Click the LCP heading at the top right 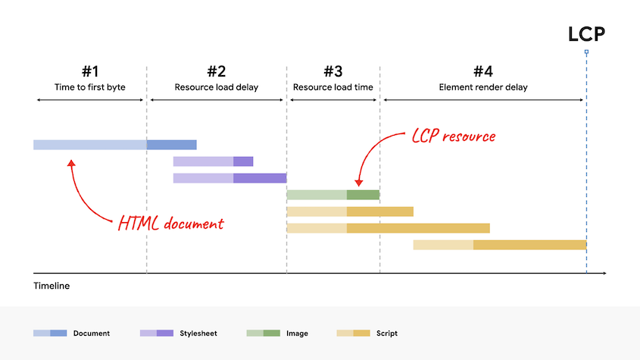coord(586,34)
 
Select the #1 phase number coord(90,71)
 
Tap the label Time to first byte coord(90,87)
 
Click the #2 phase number coord(216,71)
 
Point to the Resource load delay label coord(216,87)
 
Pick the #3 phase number coord(332,71)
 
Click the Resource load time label coord(332,87)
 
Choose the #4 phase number coord(482,71)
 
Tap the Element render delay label coord(482,87)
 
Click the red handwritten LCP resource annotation coord(453,136)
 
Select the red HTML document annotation coord(170,224)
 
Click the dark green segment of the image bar coord(363,195)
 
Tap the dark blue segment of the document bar coord(171,145)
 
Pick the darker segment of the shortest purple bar coord(243,161)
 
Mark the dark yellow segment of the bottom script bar coord(529,245)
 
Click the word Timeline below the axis coord(52,286)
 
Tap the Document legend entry coord(72,333)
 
